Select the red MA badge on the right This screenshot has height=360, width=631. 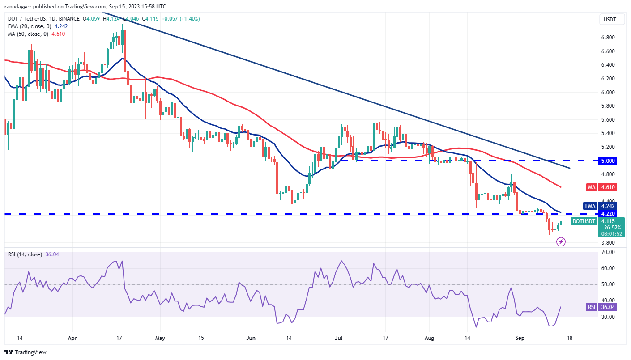click(x=591, y=187)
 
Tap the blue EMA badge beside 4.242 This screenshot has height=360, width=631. click(x=590, y=206)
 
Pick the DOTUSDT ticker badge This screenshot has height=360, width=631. click(x=584, y=221)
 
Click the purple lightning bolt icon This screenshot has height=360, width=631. click(x=561, y=242)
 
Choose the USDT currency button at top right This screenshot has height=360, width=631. click(x=609, y=19)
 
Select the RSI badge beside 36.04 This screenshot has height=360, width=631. click(x=592, y=307)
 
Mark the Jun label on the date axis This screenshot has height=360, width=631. click(x=250, y=338)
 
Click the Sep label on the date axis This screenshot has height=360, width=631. click(x=520, y=338)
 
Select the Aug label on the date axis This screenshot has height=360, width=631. click(x=430, y=338)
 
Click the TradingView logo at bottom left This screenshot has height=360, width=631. click(x=26, y=352)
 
